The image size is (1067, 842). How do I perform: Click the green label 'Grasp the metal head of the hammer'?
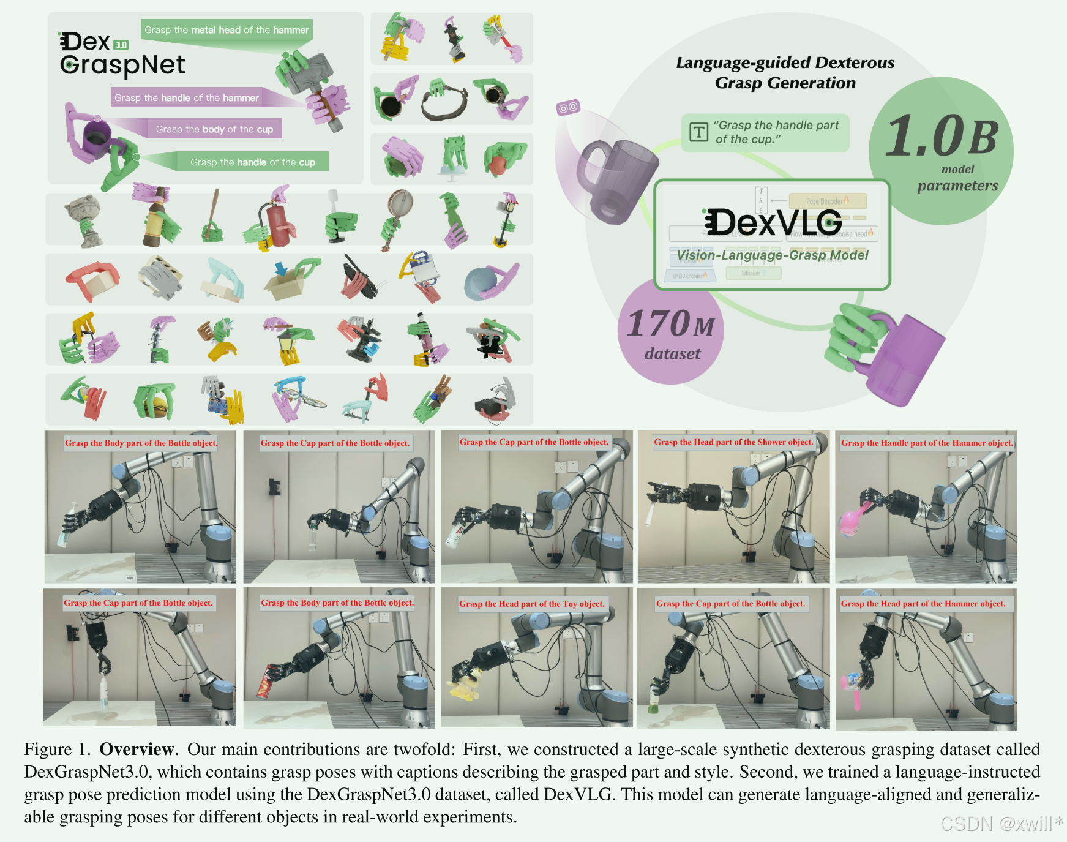tap(227, 30)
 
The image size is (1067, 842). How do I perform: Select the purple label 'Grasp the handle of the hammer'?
tap(187, 98)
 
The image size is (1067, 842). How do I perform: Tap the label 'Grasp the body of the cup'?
tap(214, 129)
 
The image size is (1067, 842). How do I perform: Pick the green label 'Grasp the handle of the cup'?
tap(252, 162)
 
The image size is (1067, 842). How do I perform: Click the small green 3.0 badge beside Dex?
tap(121, 45)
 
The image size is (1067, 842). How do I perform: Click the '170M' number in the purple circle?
tap(671, 324)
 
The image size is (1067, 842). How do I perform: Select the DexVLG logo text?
tap(773, 222)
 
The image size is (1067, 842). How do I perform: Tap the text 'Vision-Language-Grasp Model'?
tap(773, 255)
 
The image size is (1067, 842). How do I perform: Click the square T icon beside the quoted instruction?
tap(698, 132)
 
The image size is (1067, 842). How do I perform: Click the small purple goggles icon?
tap(567, 108)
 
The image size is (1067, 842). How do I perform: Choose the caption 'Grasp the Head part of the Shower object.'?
tap(733, 442)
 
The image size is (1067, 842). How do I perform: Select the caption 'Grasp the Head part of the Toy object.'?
tap(531, 604)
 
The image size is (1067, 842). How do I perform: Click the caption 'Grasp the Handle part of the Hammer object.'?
tap(926, 443)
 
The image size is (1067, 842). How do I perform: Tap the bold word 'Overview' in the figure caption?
tap(137, 750)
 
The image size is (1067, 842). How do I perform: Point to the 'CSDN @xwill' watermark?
tap(1001, 824)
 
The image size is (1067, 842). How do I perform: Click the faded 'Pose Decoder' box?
tap(827, 201)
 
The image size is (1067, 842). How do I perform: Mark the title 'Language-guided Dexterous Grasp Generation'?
tap(785, 72)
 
